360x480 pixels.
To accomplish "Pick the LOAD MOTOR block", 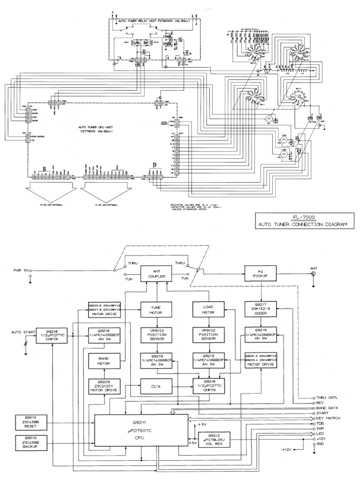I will (x=208, y=309).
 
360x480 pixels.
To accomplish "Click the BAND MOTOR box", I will (x=104, y=361).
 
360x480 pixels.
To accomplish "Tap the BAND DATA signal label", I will (x=330, y=407).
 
